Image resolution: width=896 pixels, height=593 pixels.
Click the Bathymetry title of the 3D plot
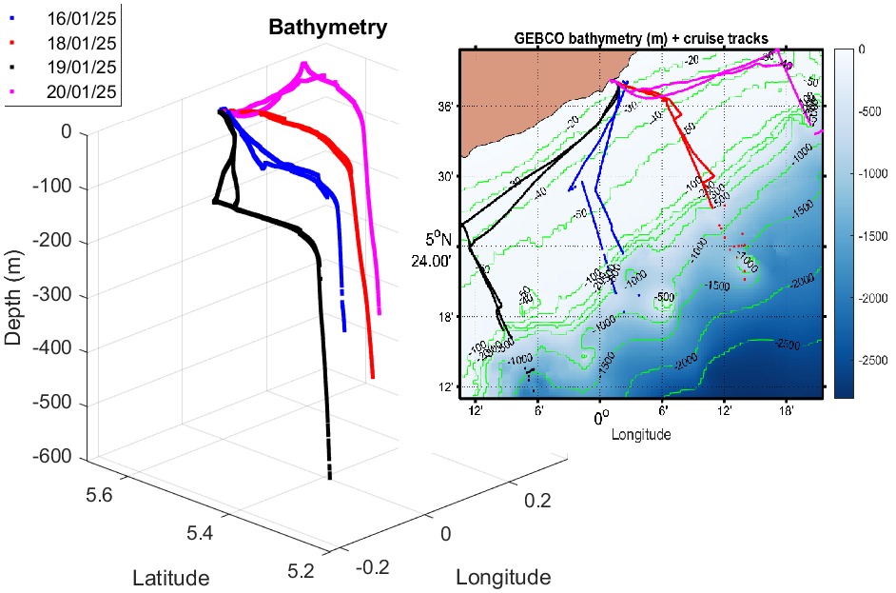(327, 28)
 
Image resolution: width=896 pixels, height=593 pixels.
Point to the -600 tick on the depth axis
(52, 459)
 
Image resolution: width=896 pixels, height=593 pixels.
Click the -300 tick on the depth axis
(52, 296)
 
